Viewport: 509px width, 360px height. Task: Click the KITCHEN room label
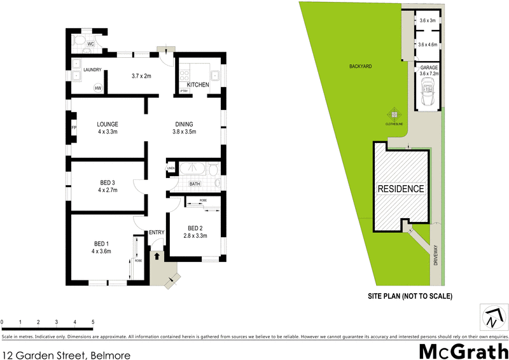[x=198, y=85]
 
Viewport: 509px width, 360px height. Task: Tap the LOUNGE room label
[x=108, y=124]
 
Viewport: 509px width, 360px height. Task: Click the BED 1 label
[x=101, y=243]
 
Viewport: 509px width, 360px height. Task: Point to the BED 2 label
[x=195, y=228]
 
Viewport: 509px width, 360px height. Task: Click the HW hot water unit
[x=99, y=88]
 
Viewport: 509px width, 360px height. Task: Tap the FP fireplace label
[x=74, y=128]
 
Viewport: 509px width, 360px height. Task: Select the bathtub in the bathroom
[x=192, y=169]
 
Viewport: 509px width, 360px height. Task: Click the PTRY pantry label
[x=184, y=92]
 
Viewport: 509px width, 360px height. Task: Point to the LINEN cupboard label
[x=171, y=169]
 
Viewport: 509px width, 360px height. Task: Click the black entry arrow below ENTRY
[x=157, y=256]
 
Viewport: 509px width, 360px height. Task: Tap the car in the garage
[x=428, y=97]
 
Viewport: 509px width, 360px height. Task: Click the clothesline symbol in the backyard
[x=394, y=114]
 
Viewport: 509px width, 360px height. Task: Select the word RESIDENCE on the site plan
[x=401, y=189]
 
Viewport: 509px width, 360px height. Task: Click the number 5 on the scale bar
[x=94, y=322]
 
